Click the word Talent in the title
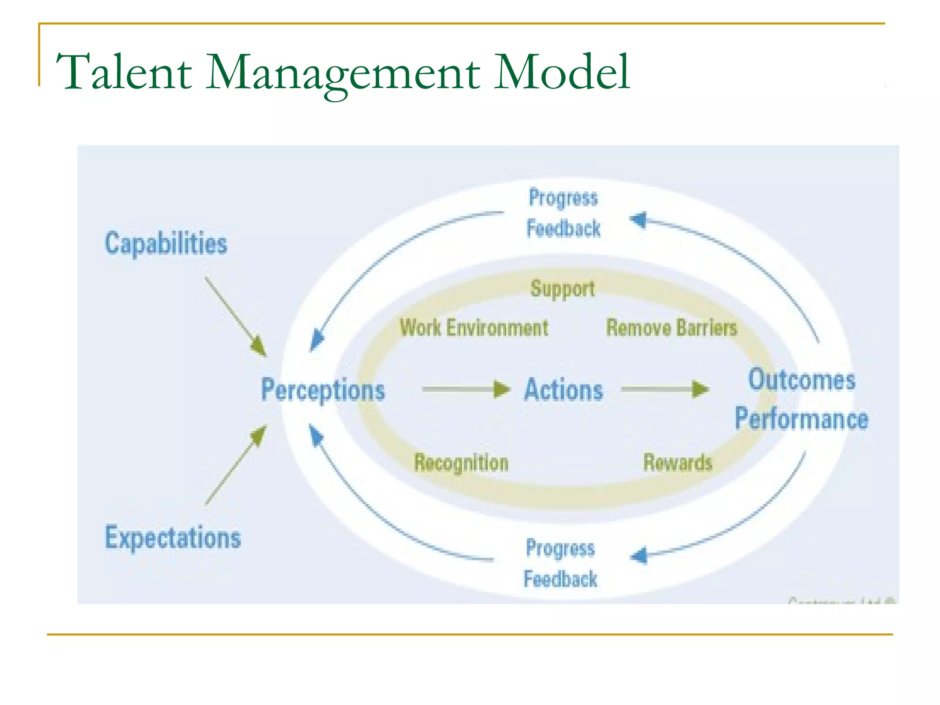tap(124, 73)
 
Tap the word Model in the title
tap(561, 73)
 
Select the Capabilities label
tap(166, 244)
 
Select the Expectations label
tap(173, 537)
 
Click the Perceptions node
tap(323, 390)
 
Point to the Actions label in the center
tap(564, 390)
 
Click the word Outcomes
tap(802, 380)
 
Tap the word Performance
tap(801, 419)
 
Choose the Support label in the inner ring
tap(563, 289)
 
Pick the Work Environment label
tap(474, 328)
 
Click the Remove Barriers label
tap(671, 328)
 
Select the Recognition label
tap(461, 462)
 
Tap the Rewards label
tap(677, 462)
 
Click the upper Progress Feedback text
tap(563, 213)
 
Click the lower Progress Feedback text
tap(560, 564)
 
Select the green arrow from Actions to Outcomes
tap(664, 389)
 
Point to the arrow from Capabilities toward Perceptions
tap(235, 316)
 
